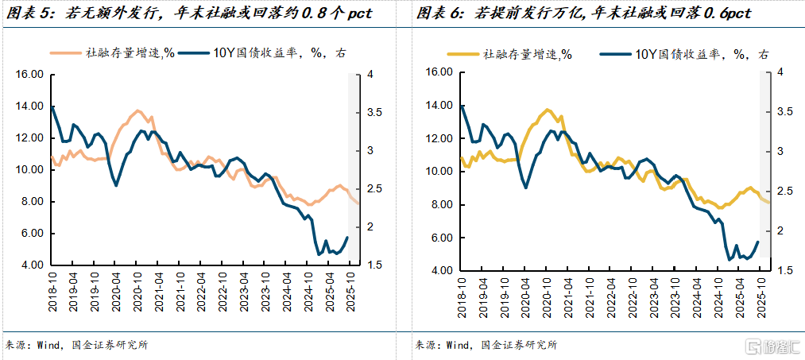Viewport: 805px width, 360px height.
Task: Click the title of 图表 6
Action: click(582, 14)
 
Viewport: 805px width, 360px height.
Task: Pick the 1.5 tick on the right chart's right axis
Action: click(784, 271)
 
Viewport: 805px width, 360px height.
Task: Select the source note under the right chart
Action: click(486, 345)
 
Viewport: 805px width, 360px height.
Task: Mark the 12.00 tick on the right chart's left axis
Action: click(439, 138)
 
